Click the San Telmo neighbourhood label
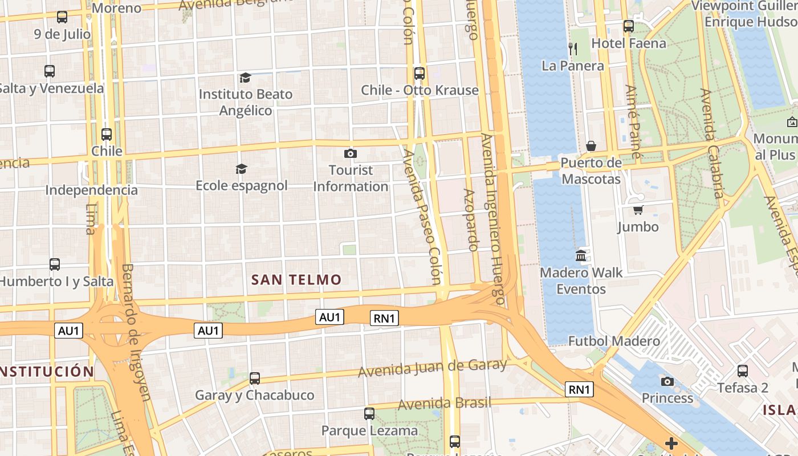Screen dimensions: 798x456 (x=296, y=280)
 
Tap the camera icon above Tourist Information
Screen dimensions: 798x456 (x=351, y=153)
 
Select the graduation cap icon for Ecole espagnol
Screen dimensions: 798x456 (x=242, y=169)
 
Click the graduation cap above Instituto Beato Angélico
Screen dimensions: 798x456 (x=245, y=78)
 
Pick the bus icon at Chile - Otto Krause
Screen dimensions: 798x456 (x=420, y=73)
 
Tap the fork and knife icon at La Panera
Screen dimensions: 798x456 (x=573, y=49)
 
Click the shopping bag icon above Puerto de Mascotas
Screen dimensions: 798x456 (x=591, y=146)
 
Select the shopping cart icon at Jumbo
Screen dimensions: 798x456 (x=638, y=210)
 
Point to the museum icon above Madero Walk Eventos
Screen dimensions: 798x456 (x=581, y=255)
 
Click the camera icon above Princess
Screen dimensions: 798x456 (x=667, y=381)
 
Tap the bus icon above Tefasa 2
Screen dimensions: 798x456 (x=742, y=370)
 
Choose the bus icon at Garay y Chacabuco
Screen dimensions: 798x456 (x=255, y=378)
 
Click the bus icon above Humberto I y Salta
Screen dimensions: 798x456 (x=55, y=264)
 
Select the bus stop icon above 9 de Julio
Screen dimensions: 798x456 (x=62, y=17)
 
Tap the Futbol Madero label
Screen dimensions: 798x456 (x=614, y=341)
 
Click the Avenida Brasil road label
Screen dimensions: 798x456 (x=444, y=404)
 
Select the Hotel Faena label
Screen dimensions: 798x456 (x=629, y=43)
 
